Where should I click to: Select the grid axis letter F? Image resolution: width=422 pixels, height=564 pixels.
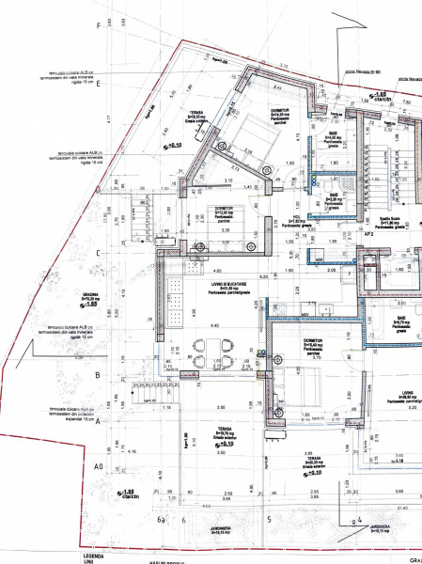click(98, 25)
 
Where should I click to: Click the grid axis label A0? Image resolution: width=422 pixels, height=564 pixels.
click(97, 466)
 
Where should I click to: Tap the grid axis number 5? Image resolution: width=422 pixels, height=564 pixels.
click(269, 519)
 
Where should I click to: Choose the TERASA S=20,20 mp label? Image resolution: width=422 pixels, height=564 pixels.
click(312, 461)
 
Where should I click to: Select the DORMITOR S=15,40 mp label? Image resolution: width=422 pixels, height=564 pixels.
click(312, 344)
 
